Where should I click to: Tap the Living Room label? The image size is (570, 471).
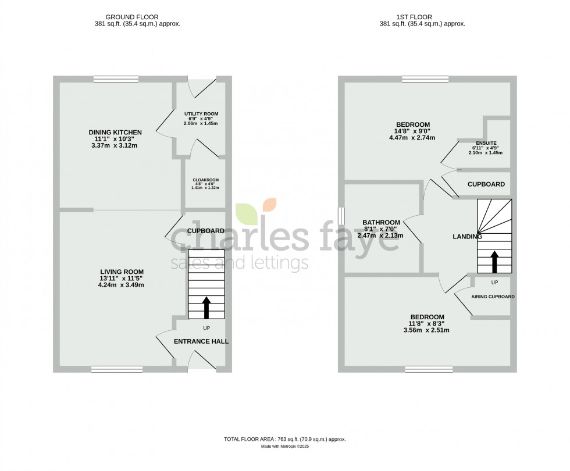click(121, 272)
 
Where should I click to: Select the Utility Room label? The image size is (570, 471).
click(201, 114)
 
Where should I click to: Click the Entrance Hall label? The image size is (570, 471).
click(201, 341)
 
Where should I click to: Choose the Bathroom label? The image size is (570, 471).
click(381, 222)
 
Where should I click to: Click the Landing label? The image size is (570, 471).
click(468, 237)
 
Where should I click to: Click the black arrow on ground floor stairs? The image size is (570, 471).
click(206, 307)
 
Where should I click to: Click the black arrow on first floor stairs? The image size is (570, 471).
click(494, 262)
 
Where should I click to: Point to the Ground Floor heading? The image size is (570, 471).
click(129, 17)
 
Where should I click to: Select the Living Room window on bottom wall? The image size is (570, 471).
click(117, 369)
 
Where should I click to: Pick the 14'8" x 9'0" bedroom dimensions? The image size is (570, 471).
click(413, 131)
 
